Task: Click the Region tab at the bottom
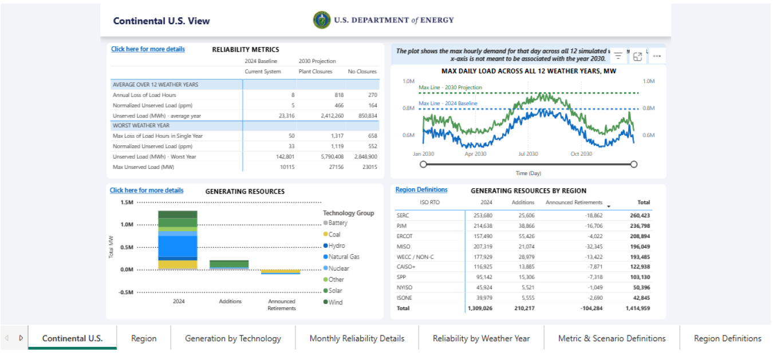click(x=144, y=338)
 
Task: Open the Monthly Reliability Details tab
click(x=357, y=338)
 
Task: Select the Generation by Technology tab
click(x=233, y=338)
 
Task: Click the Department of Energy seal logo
click(x=321, y=20)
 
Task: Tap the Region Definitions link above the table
click(x=421, y=190)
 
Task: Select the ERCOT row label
click(x=404, y=236)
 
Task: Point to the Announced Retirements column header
click(x=574, y=203)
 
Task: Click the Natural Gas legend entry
click(x=344, y=257)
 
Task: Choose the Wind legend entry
click(x=335, y=302)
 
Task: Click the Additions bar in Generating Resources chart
click(x=229, y=264)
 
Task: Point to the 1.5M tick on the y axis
click(x=127, y=203)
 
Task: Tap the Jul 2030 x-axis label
click(x=528, y=154)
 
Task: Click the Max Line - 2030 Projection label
click(x=450, y=88)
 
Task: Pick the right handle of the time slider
click(x=633, y=164)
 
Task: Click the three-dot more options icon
click(x=656, y=56)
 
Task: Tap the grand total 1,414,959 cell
click(x=637, y=308)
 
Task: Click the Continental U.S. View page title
click(x=161, y=21)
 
